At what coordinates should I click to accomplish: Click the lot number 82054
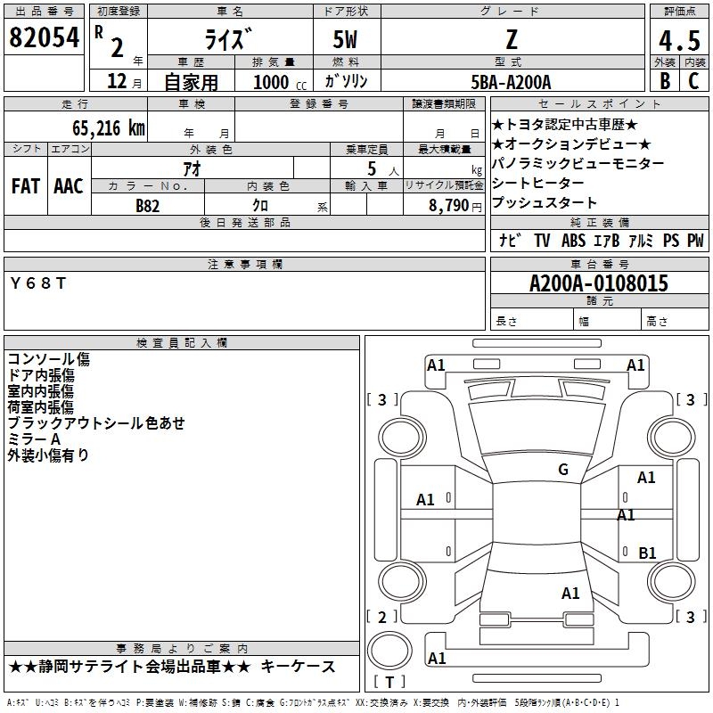44,37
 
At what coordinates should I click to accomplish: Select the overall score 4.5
679,41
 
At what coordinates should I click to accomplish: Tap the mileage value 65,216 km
109,128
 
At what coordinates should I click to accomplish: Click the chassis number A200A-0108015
599,283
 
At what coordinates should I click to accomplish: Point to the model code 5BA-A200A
511,82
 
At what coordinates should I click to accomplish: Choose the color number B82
148,206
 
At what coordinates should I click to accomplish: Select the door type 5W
345,39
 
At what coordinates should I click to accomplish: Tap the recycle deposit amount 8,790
449,206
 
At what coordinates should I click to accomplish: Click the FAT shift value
26,186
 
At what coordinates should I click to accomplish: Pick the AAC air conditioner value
69,186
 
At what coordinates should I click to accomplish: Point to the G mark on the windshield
563,469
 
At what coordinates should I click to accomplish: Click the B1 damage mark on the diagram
647,553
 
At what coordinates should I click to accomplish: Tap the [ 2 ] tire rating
382,617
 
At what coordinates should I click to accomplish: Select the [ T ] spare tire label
389,682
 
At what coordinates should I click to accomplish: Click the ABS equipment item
573,240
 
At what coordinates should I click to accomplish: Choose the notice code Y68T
38,283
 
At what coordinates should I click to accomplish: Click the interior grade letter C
693,81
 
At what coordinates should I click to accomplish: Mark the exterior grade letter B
665,81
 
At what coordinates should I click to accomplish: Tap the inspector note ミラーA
34,439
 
